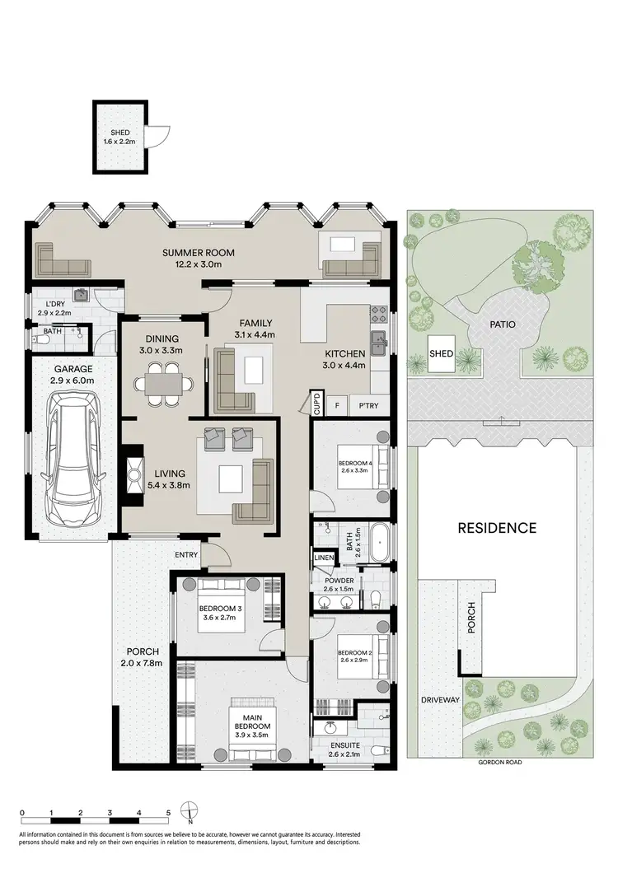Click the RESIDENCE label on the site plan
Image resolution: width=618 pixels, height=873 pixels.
(497, 528)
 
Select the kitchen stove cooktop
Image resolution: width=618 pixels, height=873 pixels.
(380, 313)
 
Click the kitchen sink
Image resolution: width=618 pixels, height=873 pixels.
(379, 341)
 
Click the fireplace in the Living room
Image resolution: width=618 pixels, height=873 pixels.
(132, 474)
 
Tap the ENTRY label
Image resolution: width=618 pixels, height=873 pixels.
(186, 555)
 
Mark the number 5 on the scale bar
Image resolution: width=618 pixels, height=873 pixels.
(168, 812)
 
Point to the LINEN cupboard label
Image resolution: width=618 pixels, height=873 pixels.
(323, 559)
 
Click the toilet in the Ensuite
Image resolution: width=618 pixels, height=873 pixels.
(380, 750)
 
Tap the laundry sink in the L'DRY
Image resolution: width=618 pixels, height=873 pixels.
(80, 294)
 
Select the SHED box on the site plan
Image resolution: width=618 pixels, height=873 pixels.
(442, 353)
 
